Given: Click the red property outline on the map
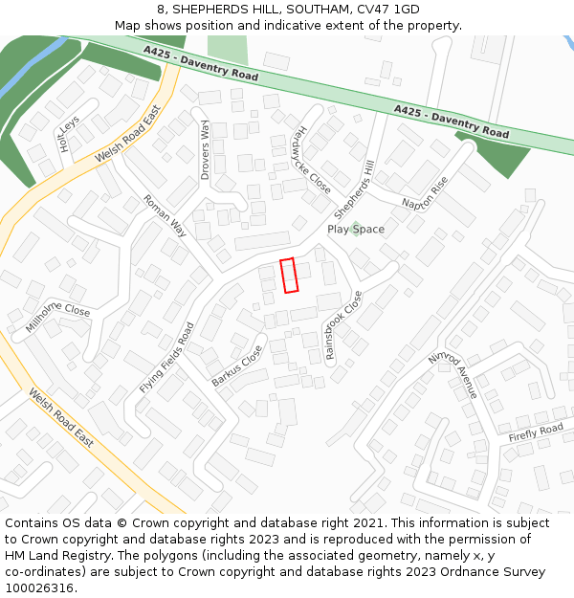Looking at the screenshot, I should (289, 276).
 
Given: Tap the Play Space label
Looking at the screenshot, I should (356, 230).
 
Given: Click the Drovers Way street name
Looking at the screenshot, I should (205, 150).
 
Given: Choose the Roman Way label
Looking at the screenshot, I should (165, 215).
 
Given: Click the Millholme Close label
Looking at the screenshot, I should (57, 319).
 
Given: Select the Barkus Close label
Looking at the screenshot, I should (236, 366).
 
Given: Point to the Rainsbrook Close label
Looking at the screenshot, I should (344, 325).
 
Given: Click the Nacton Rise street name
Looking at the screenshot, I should (425, 191).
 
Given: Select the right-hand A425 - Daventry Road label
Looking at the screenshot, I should (452, 122).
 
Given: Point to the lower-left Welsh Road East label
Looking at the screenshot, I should (60, 418).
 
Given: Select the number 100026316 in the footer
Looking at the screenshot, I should (38, 588).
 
